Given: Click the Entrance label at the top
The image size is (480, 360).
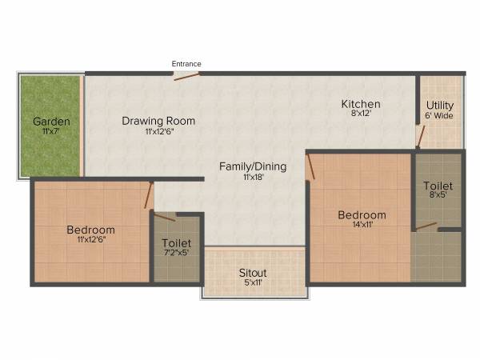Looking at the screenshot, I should coord(186,64).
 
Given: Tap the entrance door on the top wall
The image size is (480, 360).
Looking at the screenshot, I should coord(186,76).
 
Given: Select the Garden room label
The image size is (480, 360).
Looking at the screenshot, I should coord(50,122).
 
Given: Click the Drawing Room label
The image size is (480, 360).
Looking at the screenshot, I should coord(158,121).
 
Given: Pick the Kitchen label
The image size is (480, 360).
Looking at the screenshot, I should coord(361,104).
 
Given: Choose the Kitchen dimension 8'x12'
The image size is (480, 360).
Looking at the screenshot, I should coord(361,114).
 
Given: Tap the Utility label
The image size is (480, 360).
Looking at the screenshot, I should coord(440,105).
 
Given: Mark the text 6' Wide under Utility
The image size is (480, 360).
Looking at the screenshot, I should coord(440,115).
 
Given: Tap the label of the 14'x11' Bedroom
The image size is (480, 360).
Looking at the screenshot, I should coord(362,214).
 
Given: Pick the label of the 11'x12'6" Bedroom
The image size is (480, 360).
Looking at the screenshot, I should coord(90,230).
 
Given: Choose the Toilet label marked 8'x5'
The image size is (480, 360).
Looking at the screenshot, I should coord(438,186).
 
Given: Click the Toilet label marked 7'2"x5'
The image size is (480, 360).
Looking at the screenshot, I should coord(176,242).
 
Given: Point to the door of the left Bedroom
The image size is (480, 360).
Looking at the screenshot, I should coord(149,194).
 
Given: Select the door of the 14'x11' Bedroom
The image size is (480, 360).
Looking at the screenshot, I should coord(310,166).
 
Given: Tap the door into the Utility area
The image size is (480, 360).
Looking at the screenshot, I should coord(420,136).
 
